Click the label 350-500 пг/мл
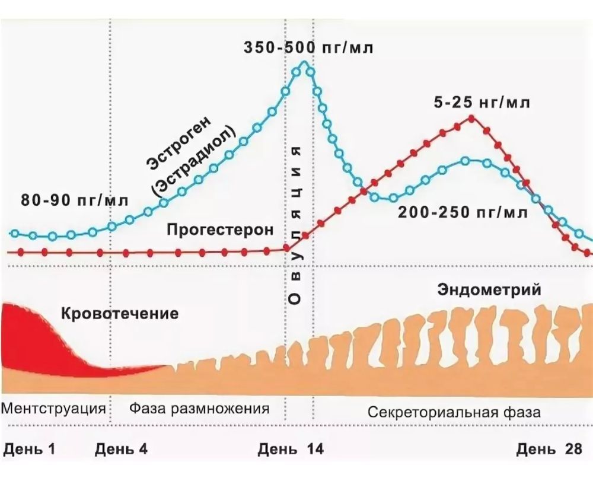tap(308, 48)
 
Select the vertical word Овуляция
tap(296, 225)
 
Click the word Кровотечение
tap(119, 313)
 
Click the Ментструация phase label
tap(54, 409)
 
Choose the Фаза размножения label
tap(199, 409)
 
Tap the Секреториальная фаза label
tap(454, 412)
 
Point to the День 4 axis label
tap(121, 449)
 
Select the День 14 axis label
tap(291, 449)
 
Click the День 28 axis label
tap(549, 449)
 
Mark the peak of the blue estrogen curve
tap(305, 63)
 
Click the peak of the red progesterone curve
tap(472, 117)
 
